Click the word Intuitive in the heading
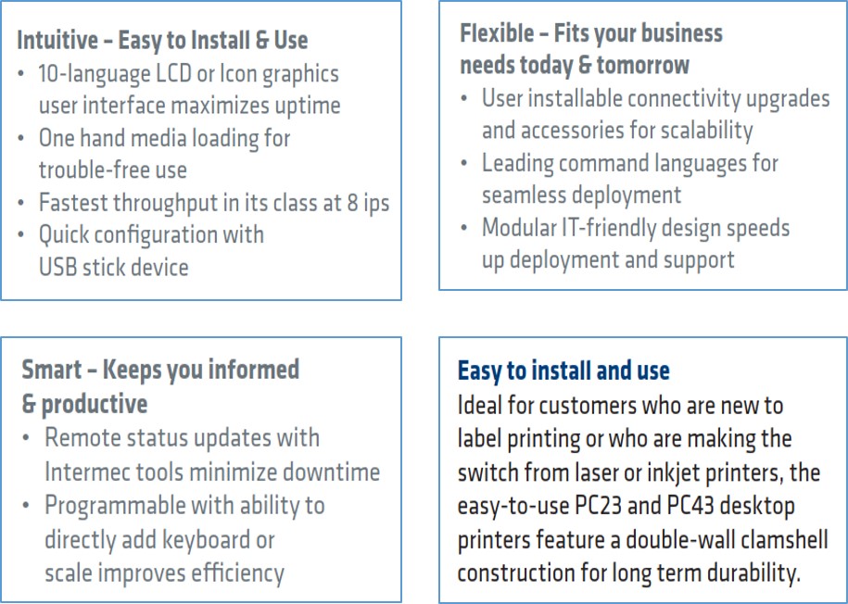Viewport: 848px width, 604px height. [x=57, y=40]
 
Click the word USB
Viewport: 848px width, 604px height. [x=57, y=267]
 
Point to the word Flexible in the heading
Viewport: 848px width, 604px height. [x=497, y=33]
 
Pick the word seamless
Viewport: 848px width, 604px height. [x=525, y=195]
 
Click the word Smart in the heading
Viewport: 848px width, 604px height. [x=52, y=370]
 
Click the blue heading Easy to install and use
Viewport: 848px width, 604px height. [x=564, y=371]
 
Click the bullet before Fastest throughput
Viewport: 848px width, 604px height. [x=21, y=204]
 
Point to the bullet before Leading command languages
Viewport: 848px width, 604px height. [x=464, y=164]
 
